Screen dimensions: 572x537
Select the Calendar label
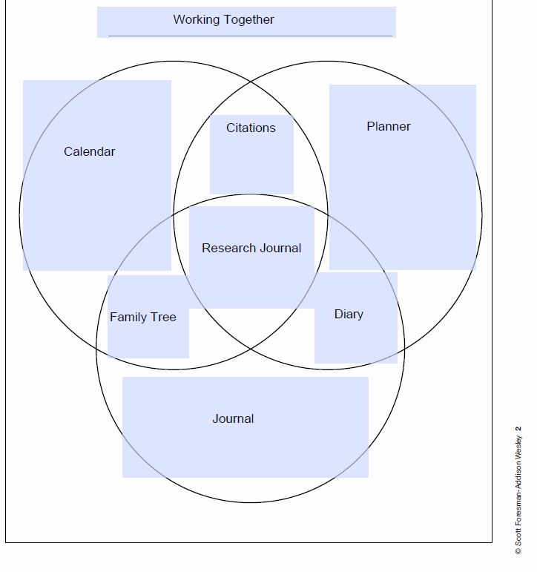[90, 151]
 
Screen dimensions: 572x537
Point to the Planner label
[389, 126]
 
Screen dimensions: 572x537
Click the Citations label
[251, 128]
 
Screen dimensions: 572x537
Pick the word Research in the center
[227, 248]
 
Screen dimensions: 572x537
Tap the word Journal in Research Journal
[279, 248]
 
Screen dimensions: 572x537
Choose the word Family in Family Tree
[127, 317]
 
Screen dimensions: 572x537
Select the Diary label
[349, 314]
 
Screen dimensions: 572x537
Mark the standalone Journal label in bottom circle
[233, 418]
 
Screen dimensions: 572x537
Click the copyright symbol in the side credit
[518, 550]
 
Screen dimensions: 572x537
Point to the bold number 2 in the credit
[518, 428]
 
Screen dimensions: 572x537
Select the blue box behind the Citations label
[251, 167]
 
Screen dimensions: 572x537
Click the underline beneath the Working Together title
[250, 36]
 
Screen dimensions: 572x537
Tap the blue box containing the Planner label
[402, 200]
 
